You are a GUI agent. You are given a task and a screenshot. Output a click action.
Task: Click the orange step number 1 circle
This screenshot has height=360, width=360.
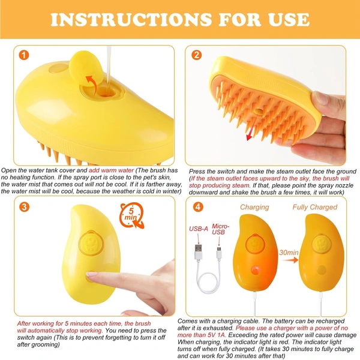click(x=23, y=56)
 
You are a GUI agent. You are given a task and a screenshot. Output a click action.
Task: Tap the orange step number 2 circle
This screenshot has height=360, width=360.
click(x=197, y=56)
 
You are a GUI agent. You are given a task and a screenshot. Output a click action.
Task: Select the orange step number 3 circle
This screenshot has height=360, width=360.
click(x=24, y=208)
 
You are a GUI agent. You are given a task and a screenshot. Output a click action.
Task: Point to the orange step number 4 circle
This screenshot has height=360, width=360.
click(x=197, y=208)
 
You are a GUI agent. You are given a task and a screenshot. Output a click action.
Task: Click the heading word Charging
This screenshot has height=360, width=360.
click(x=254, y=207)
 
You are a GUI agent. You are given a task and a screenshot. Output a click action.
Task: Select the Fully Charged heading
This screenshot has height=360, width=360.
click(x=315, y=207)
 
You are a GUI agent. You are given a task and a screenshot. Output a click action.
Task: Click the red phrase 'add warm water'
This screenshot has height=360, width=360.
click(x=114, y=171)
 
